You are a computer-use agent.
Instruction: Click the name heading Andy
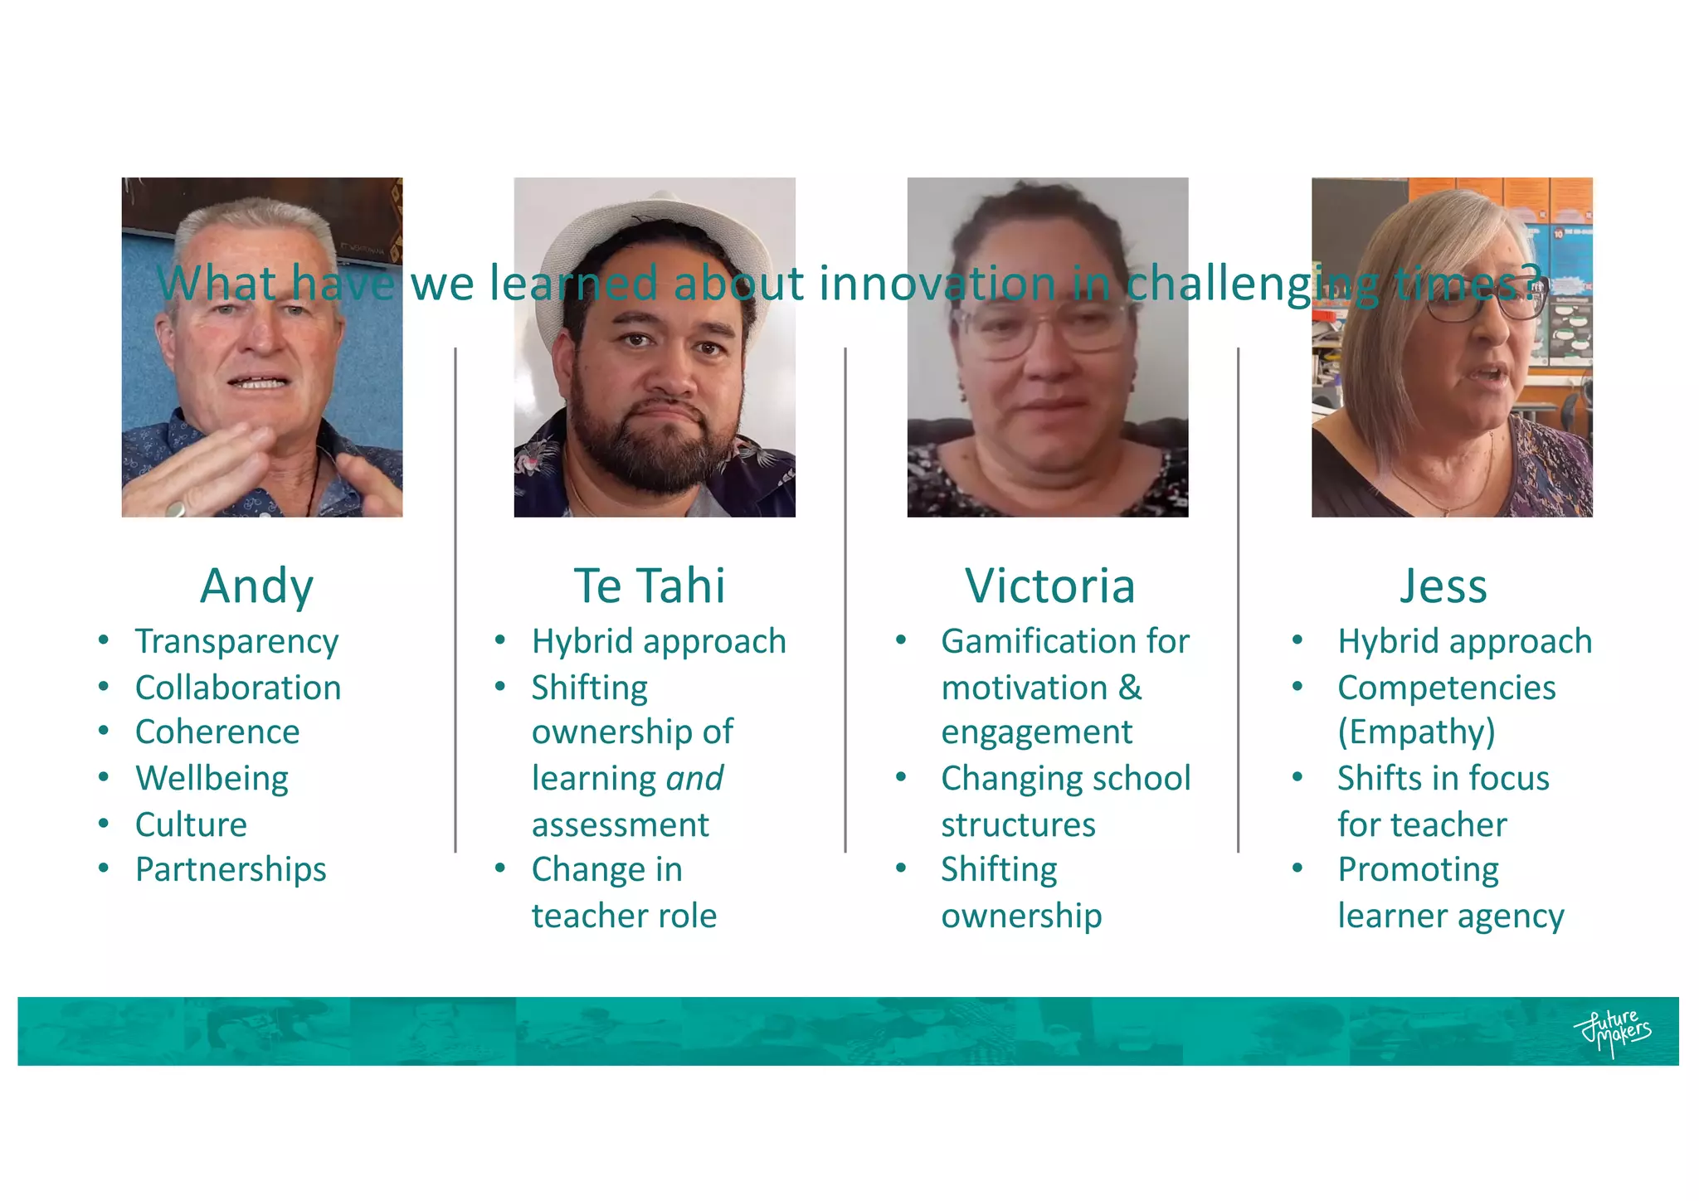tap(257, 586)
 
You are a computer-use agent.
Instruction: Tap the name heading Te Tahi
tap(650, 586)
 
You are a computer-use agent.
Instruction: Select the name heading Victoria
tap(1049, 586)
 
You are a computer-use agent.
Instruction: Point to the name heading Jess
tap(1443, 586)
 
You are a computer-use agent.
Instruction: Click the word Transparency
tap(236, 642)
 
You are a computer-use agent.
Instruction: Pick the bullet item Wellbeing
tap(212, 779)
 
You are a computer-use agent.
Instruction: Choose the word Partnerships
tap(231, 870)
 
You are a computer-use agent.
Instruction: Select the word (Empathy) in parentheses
tap(1416, 732)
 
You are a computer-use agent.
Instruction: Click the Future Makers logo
tap(1612, 1032)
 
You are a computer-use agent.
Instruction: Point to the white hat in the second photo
tap(655, 217)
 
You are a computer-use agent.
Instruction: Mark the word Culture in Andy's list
tap(191, 824)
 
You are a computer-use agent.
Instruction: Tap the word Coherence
tap(217, 732)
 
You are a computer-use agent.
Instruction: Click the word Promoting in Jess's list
tap(1418, 870)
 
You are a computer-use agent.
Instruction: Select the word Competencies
tap(1446, 688)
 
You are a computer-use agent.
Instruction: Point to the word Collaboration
tap(238, 688)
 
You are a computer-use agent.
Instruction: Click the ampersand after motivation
tap(1130, 688)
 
